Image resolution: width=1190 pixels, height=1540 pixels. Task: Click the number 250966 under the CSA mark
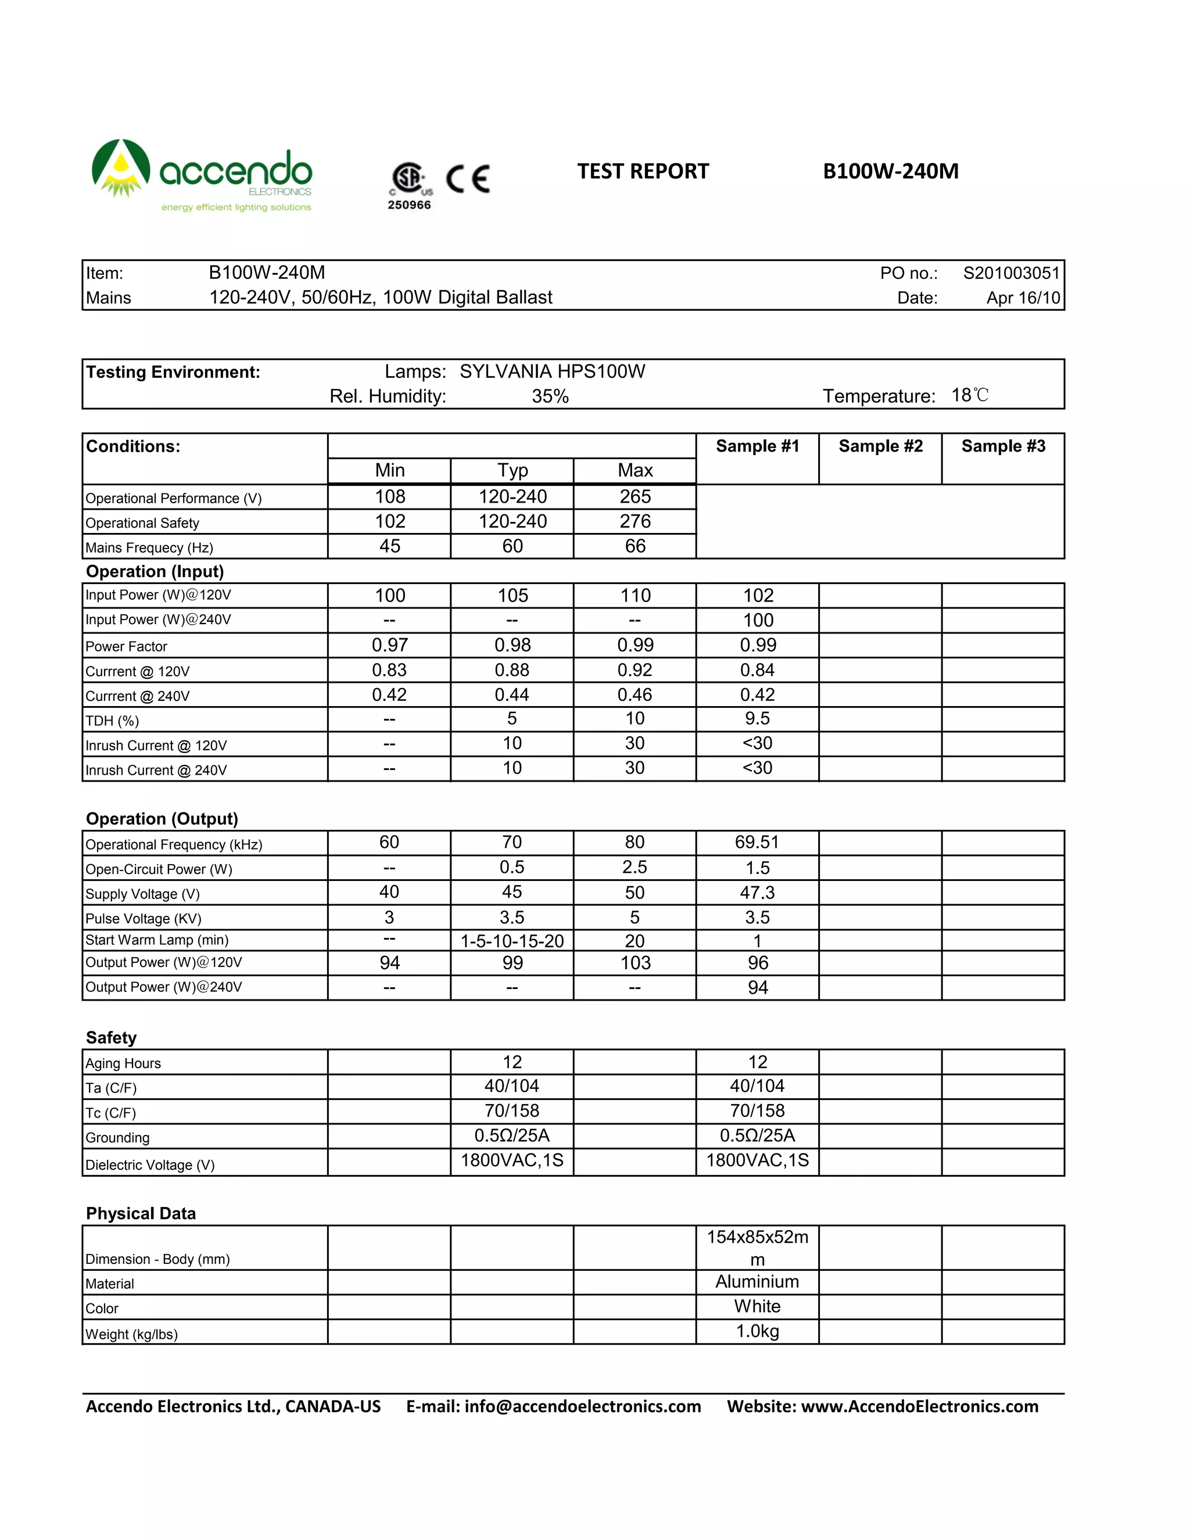[x=409, y=205]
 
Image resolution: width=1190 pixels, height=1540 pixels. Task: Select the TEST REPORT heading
[x=642, y=171]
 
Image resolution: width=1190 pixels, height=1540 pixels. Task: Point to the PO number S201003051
[x=1011, y=274]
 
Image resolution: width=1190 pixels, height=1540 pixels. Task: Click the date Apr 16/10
[x=1023, y=298]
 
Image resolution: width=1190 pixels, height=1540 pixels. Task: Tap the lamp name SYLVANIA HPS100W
[x=552, y=371]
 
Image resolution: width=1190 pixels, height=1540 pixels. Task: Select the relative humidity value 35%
[x=550, y=396]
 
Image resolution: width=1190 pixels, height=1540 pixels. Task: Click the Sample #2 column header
[x=880, y=446]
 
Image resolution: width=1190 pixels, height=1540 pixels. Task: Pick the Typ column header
[x=512, y=470]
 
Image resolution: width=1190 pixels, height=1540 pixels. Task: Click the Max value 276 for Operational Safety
[x=635, y=522]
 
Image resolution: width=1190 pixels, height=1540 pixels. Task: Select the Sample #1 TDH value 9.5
[x=757, y=718]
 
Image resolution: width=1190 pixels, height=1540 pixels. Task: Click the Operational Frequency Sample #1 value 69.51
[x=757, y=843]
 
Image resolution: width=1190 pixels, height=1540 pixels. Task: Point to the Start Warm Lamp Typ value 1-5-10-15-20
[x=512, y=941]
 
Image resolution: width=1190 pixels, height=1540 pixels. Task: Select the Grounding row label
[x=118, y=1138]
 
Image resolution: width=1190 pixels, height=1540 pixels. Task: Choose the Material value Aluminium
[x=757, y=1282]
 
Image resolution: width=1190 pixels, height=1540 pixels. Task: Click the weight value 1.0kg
[x=757, y=1331]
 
